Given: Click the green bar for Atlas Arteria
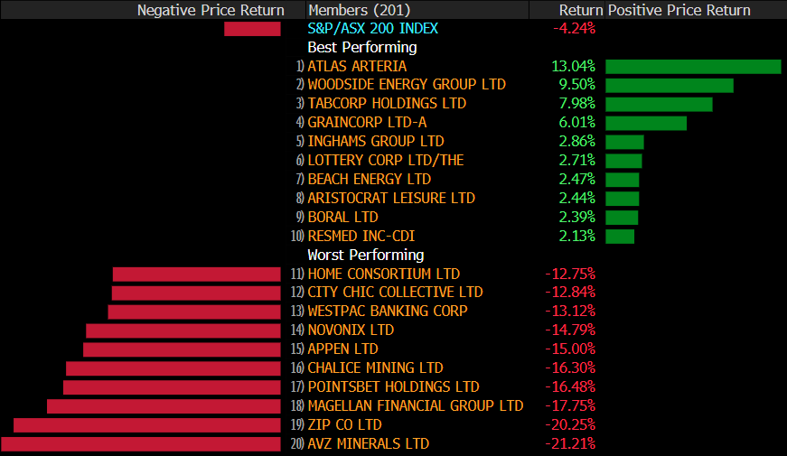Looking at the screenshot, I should point(692,66).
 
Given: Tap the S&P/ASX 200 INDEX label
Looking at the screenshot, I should point(372,28).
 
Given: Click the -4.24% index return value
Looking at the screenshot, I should point(573,28).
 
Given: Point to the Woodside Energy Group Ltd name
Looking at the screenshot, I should point(406,85).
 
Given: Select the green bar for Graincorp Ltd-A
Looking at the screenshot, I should point(645,123).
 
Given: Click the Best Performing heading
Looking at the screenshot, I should point(361,47).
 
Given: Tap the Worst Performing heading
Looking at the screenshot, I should point(365,255).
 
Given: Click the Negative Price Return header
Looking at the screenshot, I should point(211,10).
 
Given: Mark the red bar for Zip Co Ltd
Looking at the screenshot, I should point(147,424).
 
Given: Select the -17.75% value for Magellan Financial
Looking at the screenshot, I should point(570,405).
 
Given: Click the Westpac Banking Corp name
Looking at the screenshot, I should point(387,311).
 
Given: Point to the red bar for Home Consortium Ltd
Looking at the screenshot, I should point(196,274).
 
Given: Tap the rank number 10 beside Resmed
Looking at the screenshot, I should point(297,237).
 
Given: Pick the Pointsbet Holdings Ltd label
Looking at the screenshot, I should point(392,386).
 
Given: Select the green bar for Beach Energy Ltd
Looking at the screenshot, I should point(622,179).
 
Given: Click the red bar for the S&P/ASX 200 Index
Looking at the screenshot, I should point(252,29).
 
